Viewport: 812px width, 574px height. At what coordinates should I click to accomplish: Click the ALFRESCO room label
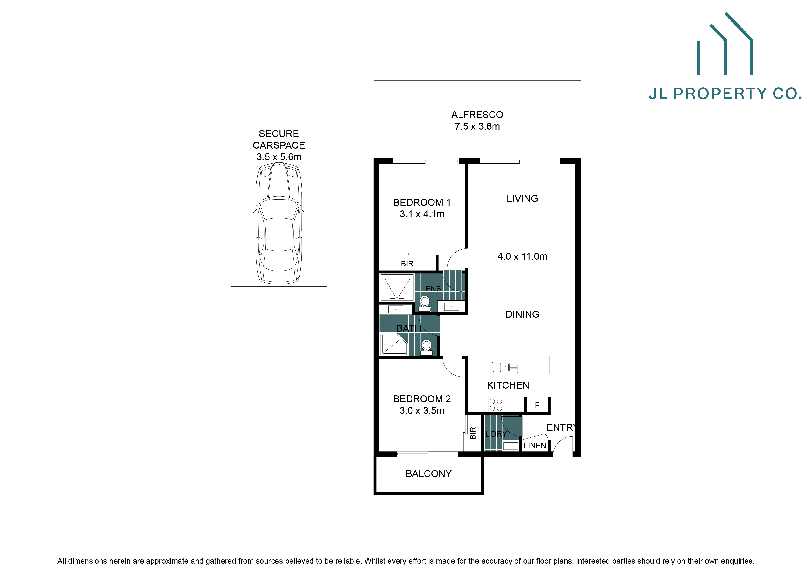(477, 115)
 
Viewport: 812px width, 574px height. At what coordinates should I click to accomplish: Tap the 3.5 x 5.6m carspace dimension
(279, 157)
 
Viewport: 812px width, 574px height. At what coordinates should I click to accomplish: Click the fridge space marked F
(537, 405)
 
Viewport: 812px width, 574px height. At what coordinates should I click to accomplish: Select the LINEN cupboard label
(534, 446)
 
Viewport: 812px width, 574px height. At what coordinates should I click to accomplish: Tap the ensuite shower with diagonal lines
(397, 287)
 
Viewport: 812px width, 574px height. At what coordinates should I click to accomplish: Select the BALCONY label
(428, 474)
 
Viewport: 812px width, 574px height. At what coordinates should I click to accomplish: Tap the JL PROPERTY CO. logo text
(725, 94)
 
